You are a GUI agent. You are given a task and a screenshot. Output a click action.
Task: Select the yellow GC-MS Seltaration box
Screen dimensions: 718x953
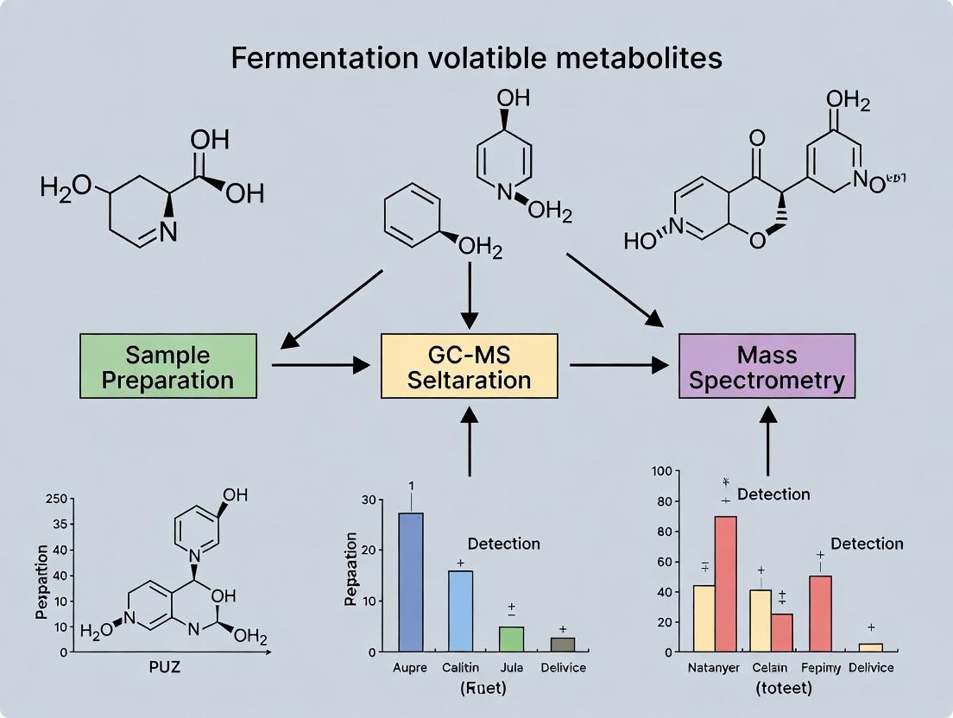click(x=468, y=366)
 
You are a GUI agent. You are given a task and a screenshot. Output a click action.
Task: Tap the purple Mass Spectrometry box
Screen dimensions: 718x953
click(x=767, y=366)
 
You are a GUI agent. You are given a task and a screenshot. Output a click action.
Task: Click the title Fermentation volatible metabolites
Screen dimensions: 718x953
click(x=476, y=59)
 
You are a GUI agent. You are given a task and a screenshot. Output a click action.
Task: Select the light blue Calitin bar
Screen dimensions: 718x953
click(x=460, y=610)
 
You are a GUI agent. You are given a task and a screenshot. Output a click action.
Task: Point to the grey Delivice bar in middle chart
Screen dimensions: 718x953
click(x=562, y=644)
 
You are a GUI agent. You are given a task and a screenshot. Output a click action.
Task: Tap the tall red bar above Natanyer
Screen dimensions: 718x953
click(x=726, y=583)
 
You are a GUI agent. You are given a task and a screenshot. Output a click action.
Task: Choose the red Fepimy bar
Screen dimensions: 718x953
click(x=820, y=613)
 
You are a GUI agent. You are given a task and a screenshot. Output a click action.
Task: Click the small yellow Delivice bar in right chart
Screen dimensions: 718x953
click(x=871, y=647)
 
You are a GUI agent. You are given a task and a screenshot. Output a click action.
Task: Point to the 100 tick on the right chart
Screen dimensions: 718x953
click(x=660, y=471)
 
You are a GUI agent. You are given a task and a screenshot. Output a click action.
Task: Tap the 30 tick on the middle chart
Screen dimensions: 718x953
click(x=369, y=501)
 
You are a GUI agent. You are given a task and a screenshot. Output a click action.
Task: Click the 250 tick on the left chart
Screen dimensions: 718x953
click(x=55, y=499)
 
